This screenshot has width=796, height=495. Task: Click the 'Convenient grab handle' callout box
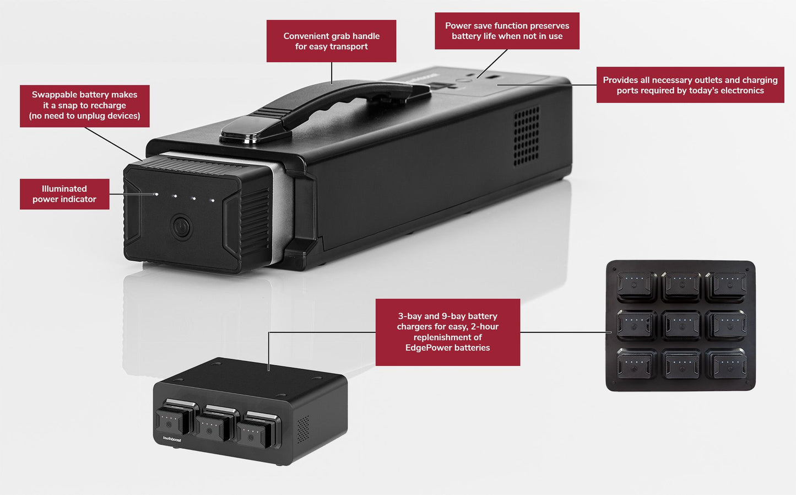click(x=331, y=41)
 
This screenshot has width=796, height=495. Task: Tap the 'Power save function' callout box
click(x=507, y=31)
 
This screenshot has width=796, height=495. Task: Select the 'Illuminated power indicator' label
click(x=64, y=194)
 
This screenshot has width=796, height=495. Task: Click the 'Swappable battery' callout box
click(x=84, y=106)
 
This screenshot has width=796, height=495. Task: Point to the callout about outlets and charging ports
click(x=690, y=85)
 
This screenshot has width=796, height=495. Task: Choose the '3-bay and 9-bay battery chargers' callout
click(x=447, y=332)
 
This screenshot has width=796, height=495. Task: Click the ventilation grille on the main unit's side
click(x=526, y=136)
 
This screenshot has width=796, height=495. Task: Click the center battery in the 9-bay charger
click(x=681, y=325)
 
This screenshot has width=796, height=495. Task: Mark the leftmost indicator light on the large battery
click(x=157, y=194)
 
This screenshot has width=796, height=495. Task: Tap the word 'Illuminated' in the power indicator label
click(x=64, y=189)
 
